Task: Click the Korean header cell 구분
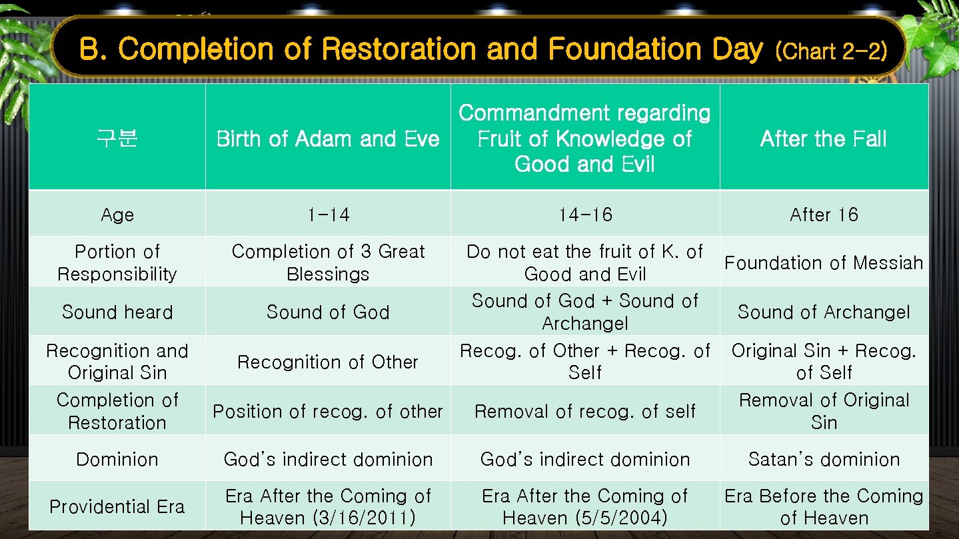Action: (x=117, y=139)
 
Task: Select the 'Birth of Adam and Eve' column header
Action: (x=328, y=139)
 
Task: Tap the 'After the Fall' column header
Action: (x=824, y=139)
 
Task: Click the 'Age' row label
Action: (x=117, y=215)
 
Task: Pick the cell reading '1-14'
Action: (x=328, y=215)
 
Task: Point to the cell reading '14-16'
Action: (x=585, y=215)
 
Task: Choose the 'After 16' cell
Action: (x=824, y=215)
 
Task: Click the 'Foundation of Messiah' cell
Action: (x=824, y=263)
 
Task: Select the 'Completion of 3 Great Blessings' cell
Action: (x=328, y=263)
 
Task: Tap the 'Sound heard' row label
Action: (x=117, y=312)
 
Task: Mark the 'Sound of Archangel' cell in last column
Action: (x=824, y=312)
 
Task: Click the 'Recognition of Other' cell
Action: (x=328, y=362)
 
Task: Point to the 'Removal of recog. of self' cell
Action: (x=585, y=412)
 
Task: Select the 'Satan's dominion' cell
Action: (x=824, y=459)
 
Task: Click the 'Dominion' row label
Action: (x=117, y=459)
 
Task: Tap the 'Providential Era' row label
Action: (x=117, y=506)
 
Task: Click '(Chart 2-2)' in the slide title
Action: (x=831, y=51)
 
